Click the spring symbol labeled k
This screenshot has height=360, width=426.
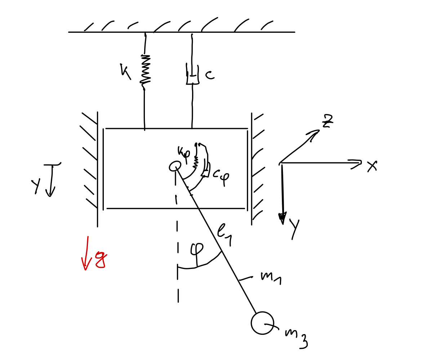pyautogui.click(x=145, y=71)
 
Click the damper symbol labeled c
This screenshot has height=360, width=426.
pyautogui.click(x=192, y=75)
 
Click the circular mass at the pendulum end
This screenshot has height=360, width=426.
pyautogui.click(x=262, y=323)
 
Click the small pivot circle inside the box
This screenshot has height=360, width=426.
pyautogui.click(x=175, y=166)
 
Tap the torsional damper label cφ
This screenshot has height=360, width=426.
pyautogui.click(x=221, y=176)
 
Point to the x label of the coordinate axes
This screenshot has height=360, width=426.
pyautogui.click(x=372, y=166)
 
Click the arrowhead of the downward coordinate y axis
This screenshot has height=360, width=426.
pyautogui.click(x=283, y=217)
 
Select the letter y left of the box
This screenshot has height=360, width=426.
pyautogui.click(x=36, y=185)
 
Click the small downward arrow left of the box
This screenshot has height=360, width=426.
pyautogui.click(x=51, y=180)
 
